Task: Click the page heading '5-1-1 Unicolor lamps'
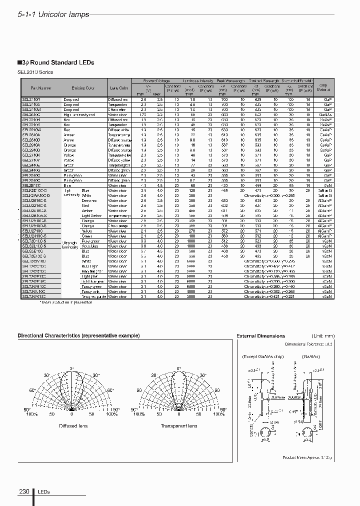(x=53, y=14)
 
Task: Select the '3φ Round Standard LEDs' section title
(x=56, y=63)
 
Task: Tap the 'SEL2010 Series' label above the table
(x=35, y=72)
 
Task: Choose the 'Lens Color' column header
(x=119, y=88)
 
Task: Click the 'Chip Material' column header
(x=322, y=87)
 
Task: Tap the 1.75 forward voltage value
(x=143, y=114)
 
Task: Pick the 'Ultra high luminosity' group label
(x=69, y=244)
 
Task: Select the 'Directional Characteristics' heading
(x=78, y=335)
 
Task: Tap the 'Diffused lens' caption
(x=73, y=426)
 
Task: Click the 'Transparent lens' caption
(x=178, y=426)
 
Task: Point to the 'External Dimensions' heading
(x=260, y=336)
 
